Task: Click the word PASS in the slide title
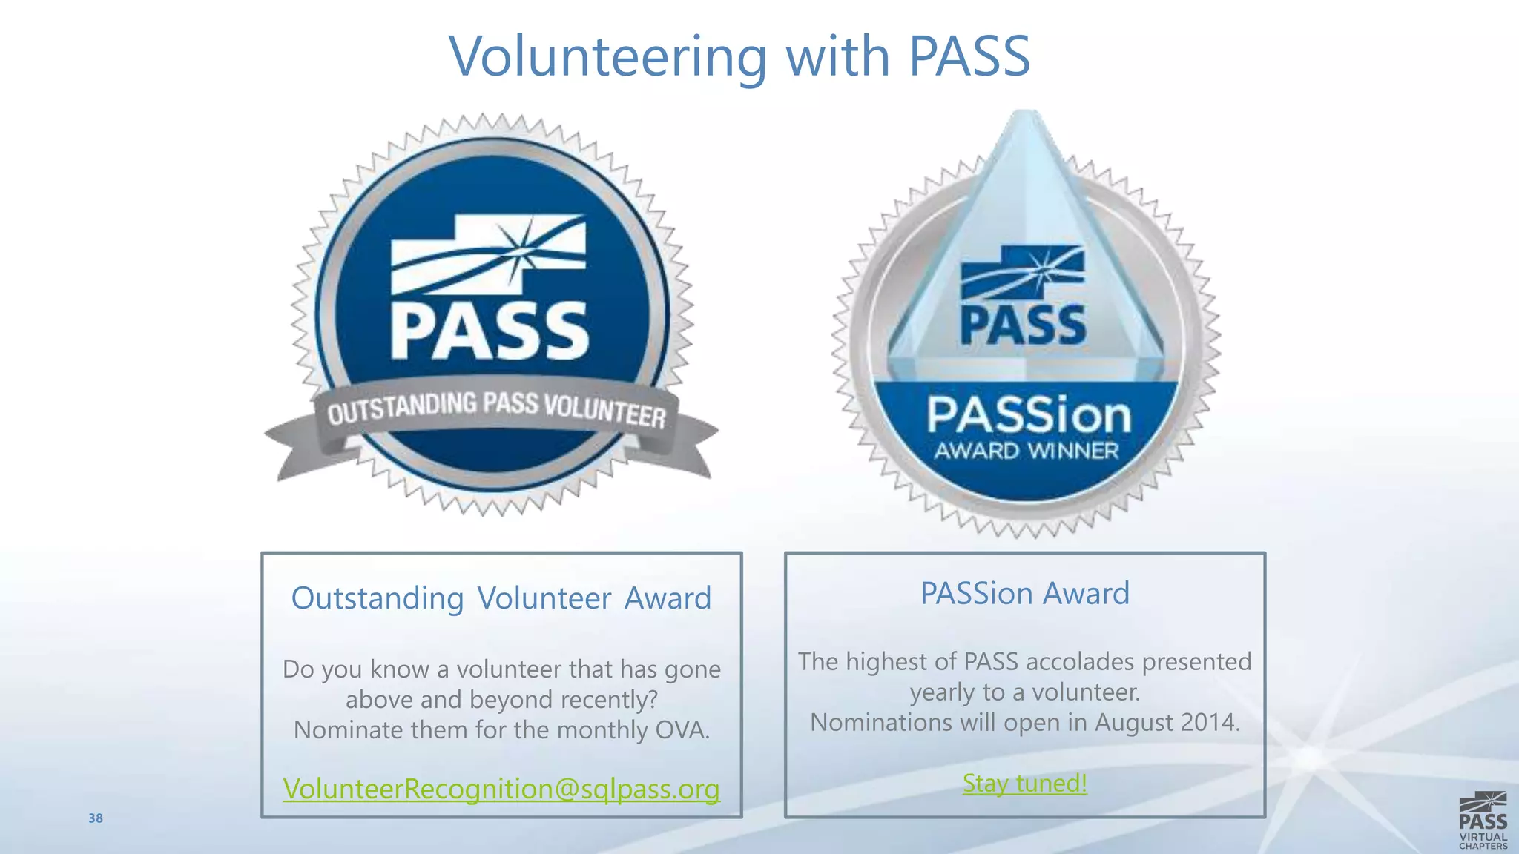point(969,56)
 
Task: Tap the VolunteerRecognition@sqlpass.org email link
point(501,789)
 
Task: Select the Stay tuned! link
point(1025,783)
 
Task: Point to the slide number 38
point(96,818)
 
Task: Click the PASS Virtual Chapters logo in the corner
point(1483,820)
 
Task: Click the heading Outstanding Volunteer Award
point(501,598)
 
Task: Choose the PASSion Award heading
point(1025,593)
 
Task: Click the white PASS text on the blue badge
point(490,332)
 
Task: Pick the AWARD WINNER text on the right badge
point(1027,451)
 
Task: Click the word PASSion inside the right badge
point(1029,415)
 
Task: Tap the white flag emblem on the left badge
point(488,254)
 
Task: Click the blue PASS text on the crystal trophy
point(1023,325)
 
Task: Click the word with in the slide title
point(837,56)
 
